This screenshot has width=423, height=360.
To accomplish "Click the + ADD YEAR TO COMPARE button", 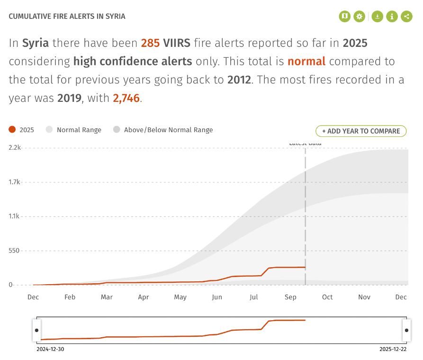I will pyautogui.click(x=361, y=131).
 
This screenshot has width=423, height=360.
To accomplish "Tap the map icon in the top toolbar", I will pyautogui.click(x=344, y=17).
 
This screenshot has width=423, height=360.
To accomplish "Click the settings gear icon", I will pyautogui.click(x=360, y=17).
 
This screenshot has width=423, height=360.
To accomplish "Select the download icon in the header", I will pyautogui.click(x=377, y=17).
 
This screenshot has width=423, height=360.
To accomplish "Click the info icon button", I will pyautogui.click(x=392, y=17).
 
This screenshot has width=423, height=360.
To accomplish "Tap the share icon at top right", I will pyautogui.click(x=406, y=17).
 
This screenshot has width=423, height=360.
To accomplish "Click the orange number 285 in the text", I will pyautogui.click(x=150, y=43).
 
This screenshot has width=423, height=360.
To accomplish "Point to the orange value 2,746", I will pyautogui.click(x=126, y=99).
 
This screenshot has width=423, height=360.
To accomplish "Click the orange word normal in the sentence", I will pyautogui.click(x=306, y=62).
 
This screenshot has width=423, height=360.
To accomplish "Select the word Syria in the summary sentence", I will pyautogui.click(x=36, y=43).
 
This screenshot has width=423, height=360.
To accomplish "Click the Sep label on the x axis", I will pyautogui.click(x=290, y=297).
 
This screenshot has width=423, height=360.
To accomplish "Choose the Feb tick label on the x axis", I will pyautogui.click(x=70, y=297).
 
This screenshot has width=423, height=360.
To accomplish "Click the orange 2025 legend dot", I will pyautogui.click(x=12, y=130).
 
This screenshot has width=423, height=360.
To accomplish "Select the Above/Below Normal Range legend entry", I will pyautogui.click(x=163, y=130).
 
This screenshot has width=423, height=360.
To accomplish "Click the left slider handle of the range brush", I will pyautogui.click(x=36, y=330).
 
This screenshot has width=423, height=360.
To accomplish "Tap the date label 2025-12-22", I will pyautogui.click(x=393, y=349).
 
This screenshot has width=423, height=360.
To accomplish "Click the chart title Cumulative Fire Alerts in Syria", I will pyautogui.click(x=67, y=17).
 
